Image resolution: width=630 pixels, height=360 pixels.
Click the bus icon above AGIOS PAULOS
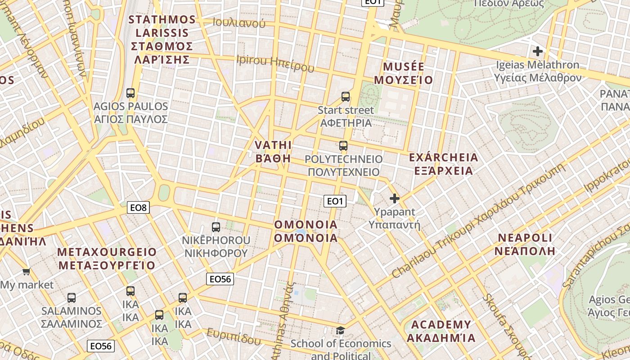coord(130,93)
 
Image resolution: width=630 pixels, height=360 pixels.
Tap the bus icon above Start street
coord(346,96)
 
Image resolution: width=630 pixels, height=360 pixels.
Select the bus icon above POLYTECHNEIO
coord(343,146)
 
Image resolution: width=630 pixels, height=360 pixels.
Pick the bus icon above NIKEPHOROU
coord(216,227)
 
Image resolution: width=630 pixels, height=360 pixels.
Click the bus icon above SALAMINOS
coord(72,297)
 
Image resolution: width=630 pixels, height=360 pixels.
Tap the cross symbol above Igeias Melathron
coord(537,51)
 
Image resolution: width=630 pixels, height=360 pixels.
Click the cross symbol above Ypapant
coord(395,198)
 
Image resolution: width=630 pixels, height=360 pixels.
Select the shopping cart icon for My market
coord(27,271)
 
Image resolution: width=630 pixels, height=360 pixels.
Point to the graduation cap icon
coord(341,331)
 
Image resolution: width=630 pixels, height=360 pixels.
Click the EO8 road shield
coord(139,207)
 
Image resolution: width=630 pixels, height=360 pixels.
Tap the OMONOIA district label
coord(306,225)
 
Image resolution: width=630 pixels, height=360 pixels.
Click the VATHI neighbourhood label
coord(273,145)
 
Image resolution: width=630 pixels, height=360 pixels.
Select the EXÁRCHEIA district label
coord(443,157)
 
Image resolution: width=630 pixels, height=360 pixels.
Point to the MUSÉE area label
coord(404,67)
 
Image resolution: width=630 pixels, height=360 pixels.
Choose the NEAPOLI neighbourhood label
coord(525,238)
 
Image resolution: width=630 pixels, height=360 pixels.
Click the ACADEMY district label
coord(441,324)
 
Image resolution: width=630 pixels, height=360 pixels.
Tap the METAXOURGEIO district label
coord(107,252)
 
